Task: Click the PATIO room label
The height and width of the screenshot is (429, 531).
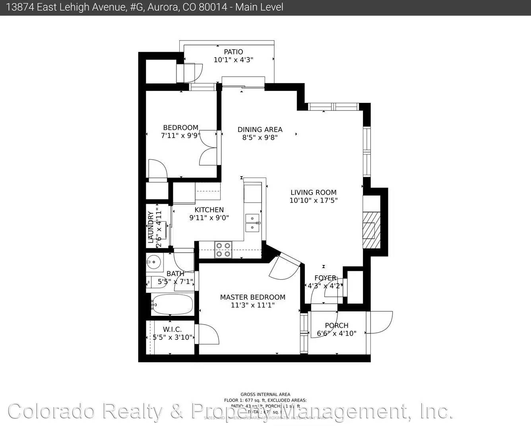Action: [x=233, y=52]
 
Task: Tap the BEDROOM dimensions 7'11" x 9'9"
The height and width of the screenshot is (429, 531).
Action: [x=180, y=135]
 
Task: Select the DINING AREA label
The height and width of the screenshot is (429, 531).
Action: [x=260, y=129]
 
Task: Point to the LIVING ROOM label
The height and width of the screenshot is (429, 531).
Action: [x=313, y=192]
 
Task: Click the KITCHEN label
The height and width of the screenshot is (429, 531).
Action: [x=209, y=210]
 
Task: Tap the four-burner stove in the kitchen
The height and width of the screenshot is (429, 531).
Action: [x=223, y=249]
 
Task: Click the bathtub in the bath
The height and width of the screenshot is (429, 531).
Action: [x=172, y=305]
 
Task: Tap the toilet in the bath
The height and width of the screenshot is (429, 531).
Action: [x=157, y=282]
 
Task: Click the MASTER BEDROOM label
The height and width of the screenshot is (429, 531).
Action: [x=253, y=297]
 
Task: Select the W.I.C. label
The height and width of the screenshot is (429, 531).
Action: [x=172, y=329]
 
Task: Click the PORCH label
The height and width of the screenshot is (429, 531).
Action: [x=337, y=325]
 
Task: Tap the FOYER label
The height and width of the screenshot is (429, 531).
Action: [x=325, y=278]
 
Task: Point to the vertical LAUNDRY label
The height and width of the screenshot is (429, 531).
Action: [x=151, y=227]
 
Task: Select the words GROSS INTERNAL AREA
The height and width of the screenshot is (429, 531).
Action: [x=265, y=394]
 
